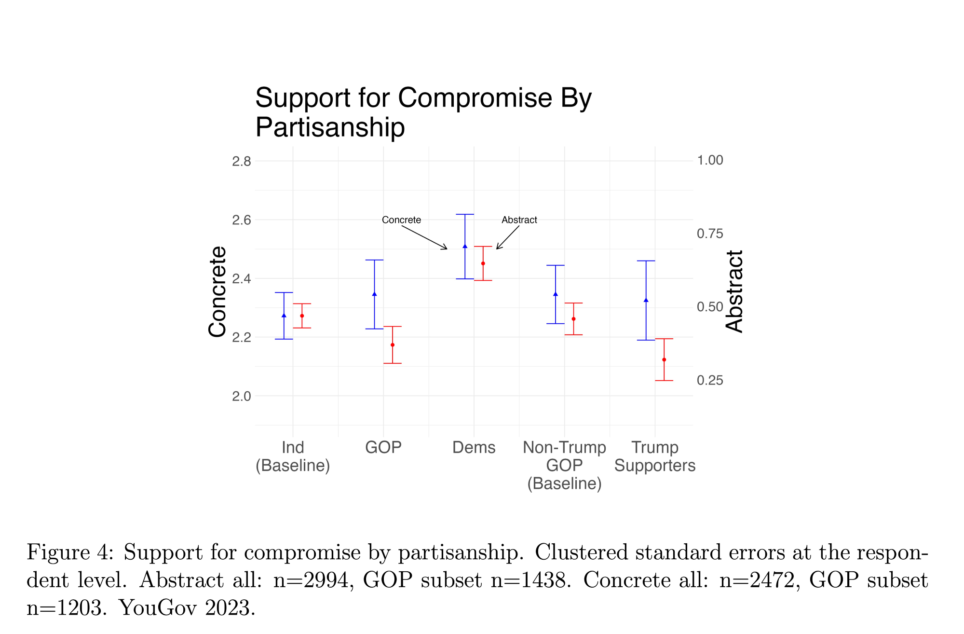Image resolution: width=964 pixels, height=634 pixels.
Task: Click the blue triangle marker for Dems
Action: click(465, 246)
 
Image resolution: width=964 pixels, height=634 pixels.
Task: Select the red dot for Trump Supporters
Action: click(664, 359)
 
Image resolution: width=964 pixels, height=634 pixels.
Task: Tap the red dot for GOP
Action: click(393, 345)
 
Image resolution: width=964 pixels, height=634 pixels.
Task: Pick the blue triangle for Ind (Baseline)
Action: click(284, 315)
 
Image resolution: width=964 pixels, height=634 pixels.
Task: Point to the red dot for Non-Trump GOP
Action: click(573, 319)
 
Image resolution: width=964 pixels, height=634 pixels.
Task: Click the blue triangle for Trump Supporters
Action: click(646, 300)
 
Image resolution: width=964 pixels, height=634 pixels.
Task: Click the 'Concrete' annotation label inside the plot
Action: click(401, 220)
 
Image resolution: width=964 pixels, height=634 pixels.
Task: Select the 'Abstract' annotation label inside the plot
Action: click(519, 220)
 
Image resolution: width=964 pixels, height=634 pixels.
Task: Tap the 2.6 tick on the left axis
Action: click(242, 220)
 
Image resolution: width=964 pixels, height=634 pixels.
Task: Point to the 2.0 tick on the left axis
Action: click(242, 396)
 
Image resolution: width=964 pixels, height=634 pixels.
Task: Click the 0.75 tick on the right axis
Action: click(710, 234)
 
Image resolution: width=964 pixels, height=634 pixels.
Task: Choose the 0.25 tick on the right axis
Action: click(710, 380)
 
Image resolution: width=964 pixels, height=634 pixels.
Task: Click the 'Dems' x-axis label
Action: click(474, 447)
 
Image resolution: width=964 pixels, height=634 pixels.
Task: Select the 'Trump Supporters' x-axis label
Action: click(655, 456)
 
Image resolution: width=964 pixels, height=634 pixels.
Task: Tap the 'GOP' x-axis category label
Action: click(383, 447)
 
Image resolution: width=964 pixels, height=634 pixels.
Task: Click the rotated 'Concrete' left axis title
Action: click(217, 291)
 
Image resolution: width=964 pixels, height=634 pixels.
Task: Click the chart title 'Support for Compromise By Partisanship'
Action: click(423, 112)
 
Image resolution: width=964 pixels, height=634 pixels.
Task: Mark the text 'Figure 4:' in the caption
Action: click(70, 552)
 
